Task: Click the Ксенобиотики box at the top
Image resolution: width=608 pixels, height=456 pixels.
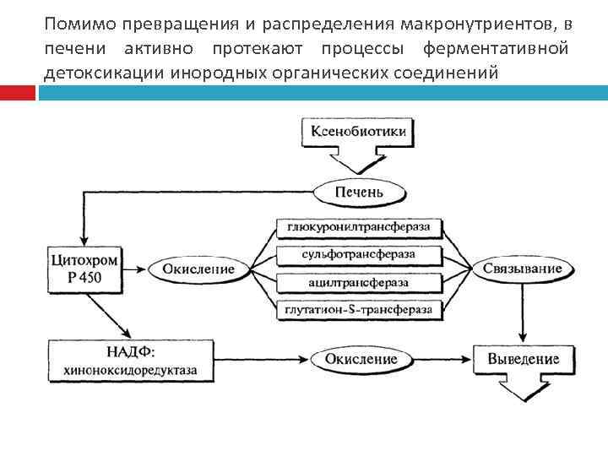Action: (359, 133)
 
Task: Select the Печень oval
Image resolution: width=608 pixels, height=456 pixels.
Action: (359, 192)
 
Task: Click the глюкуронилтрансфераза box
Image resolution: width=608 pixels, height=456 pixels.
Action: (358, 227)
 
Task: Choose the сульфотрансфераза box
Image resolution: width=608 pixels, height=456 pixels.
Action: (358, 254)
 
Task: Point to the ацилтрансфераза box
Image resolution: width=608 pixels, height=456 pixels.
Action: (358, 282)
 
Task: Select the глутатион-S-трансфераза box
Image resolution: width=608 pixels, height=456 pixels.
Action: (358, 309)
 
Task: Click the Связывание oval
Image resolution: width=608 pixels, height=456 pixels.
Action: (523, 269)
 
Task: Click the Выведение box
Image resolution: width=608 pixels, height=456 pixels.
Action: (523, 359)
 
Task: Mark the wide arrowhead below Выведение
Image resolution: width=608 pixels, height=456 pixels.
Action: (523, 390)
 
